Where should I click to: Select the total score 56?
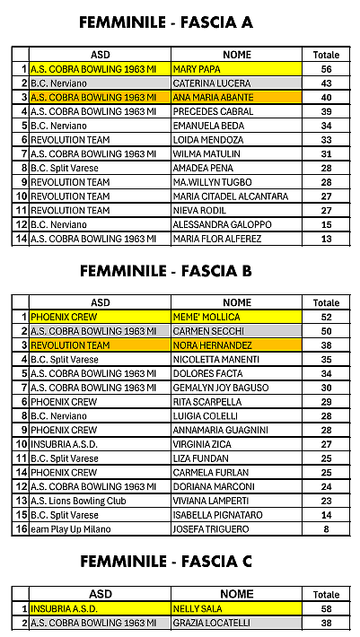pos(326,69)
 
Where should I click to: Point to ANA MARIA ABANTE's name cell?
pos(212,97)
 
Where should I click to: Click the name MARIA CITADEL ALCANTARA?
pos(229,196)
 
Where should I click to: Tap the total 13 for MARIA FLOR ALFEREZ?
pos(326,240)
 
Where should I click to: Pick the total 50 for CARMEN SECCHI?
pos(326,331)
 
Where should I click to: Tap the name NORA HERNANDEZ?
pos(213,345)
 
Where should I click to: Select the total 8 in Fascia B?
pos(326,530)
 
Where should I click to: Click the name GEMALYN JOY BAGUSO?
pos(221,388)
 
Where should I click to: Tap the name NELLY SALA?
pos(198,608)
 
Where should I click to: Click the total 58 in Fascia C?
pos(326,608)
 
